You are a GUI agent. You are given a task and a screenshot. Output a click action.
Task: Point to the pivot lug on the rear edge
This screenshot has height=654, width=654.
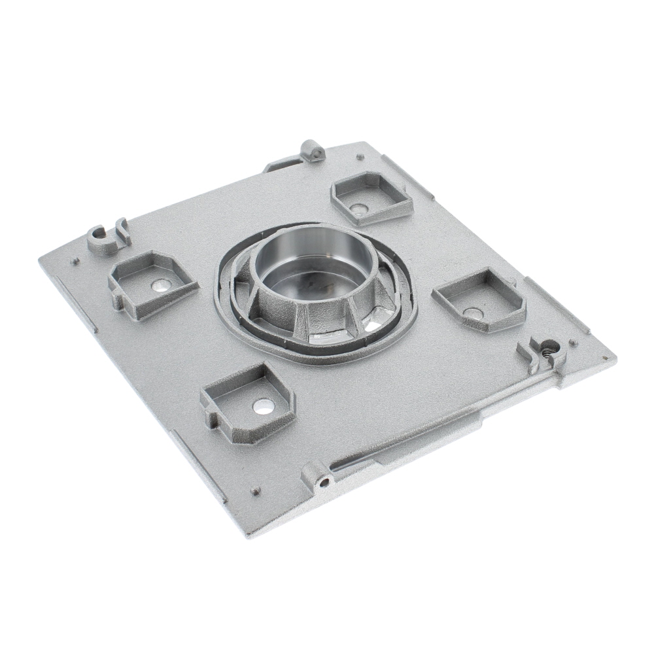click(x=313, y=152)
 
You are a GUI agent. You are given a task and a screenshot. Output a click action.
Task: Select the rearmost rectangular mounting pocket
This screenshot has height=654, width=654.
click(x=371, y=196)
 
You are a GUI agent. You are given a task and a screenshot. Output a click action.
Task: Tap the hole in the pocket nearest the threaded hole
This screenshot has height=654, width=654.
click(x=472, y=313)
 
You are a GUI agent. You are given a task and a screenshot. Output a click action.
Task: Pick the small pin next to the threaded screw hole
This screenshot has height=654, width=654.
click(x=573, y=342)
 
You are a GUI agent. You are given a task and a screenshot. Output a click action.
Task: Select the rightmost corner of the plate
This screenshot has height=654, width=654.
click(x=615, y=358)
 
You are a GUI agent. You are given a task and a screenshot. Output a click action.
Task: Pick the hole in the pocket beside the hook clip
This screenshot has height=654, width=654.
click(x=161, y=285)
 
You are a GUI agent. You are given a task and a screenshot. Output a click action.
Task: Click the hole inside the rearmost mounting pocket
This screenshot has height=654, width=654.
click(x=357, y=209)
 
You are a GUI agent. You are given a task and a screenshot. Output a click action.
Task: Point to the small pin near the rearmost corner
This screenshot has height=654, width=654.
click(x=359, y=156)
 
